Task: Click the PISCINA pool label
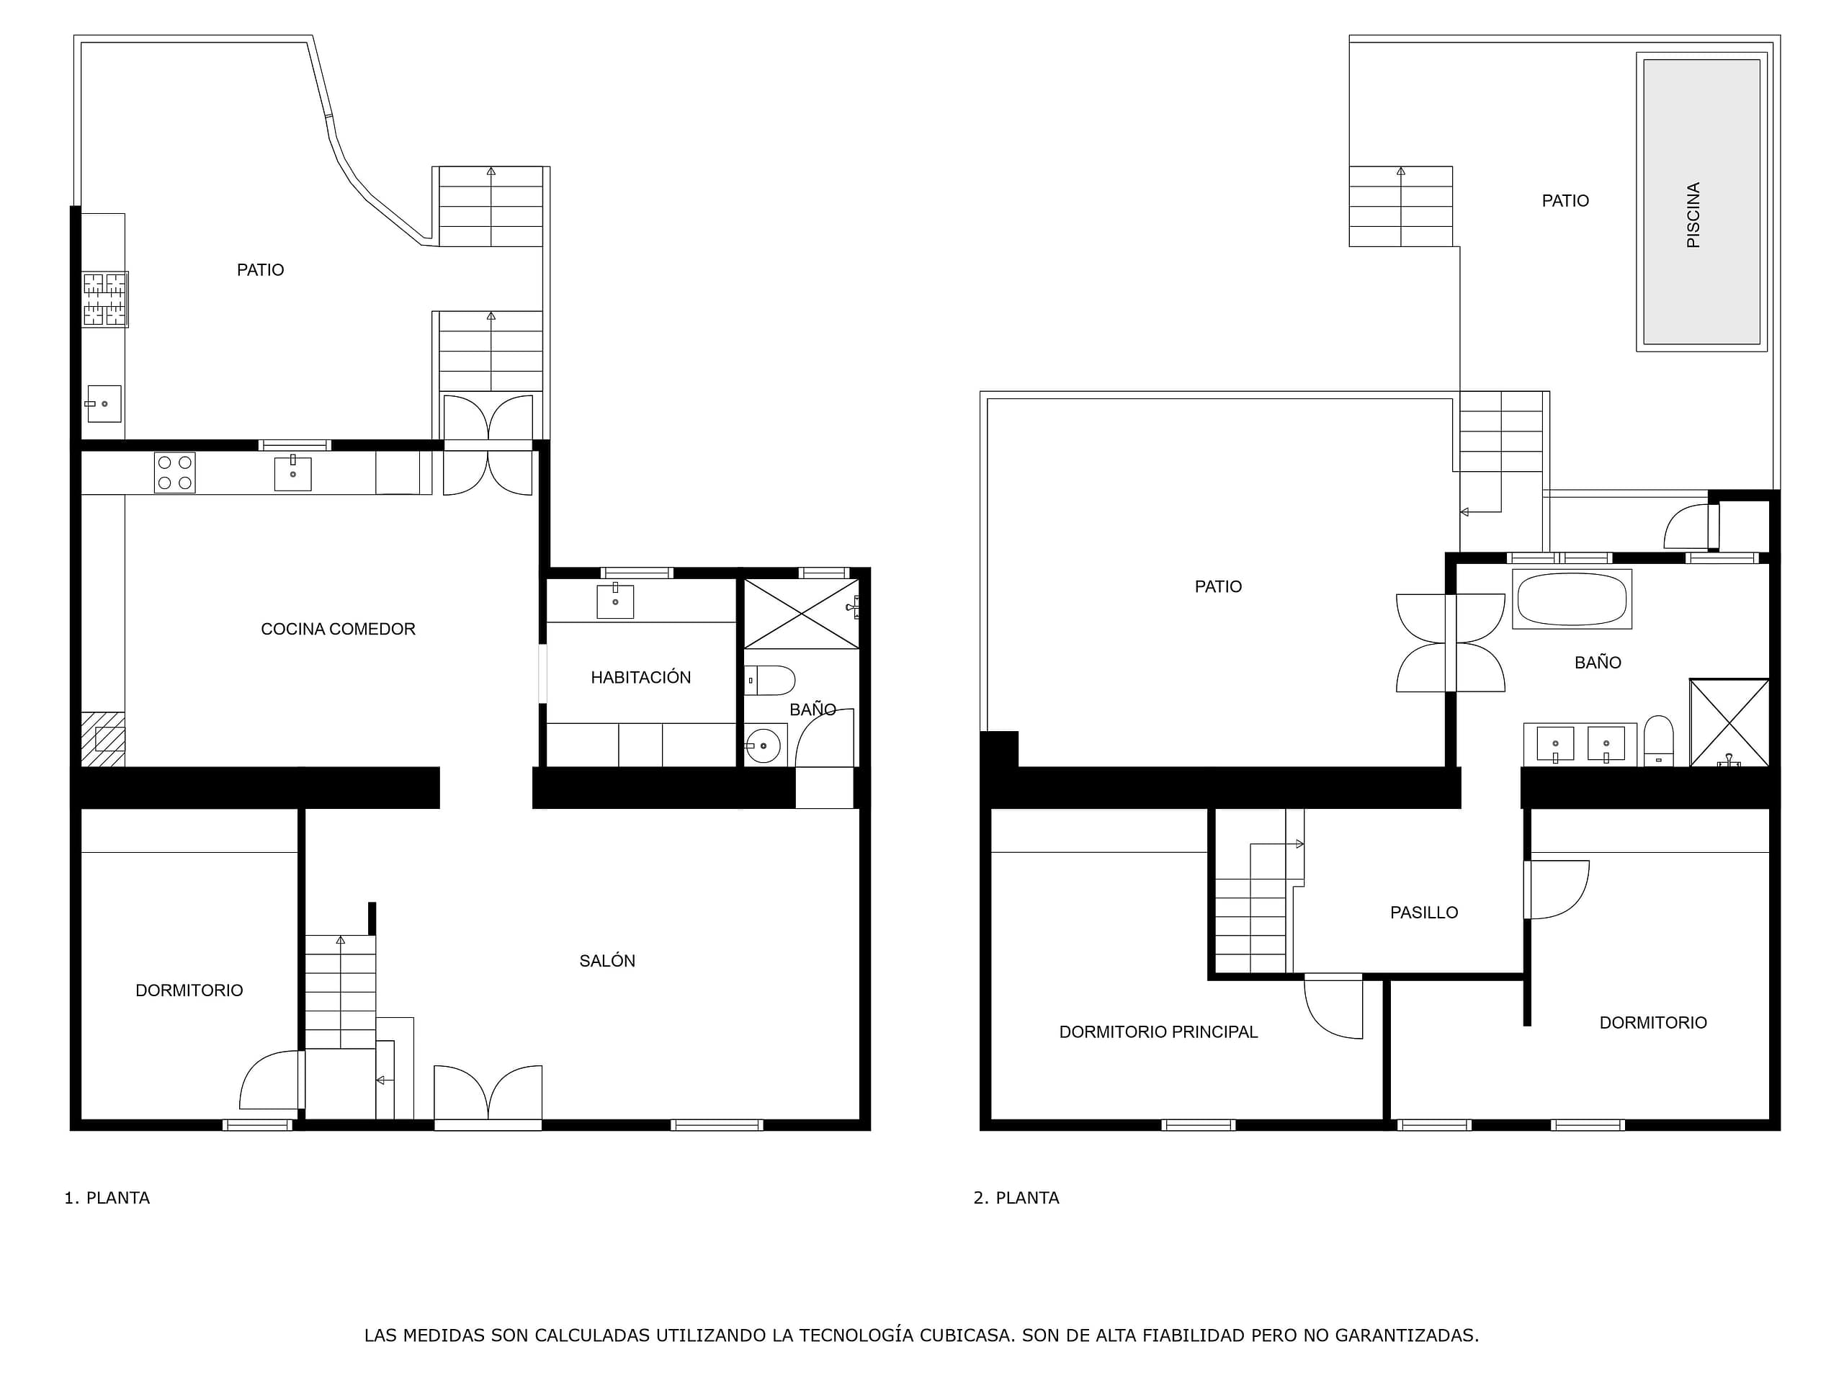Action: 1693,215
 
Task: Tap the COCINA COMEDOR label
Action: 338,630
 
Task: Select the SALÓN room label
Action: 607,960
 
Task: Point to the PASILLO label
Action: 1424,913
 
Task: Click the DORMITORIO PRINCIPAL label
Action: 1158,1032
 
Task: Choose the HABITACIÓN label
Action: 640,677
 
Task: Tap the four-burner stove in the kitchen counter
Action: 175,473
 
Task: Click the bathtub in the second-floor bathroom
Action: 1572,599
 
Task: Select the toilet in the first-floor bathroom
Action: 769,680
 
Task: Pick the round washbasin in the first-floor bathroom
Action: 763,746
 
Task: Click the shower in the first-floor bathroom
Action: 801,614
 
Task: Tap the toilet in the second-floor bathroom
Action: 1658,741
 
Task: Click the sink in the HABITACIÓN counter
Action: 615,601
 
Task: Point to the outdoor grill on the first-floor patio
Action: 105,299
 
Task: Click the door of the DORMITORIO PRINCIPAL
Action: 1333,1007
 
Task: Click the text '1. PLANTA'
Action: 107,1198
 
